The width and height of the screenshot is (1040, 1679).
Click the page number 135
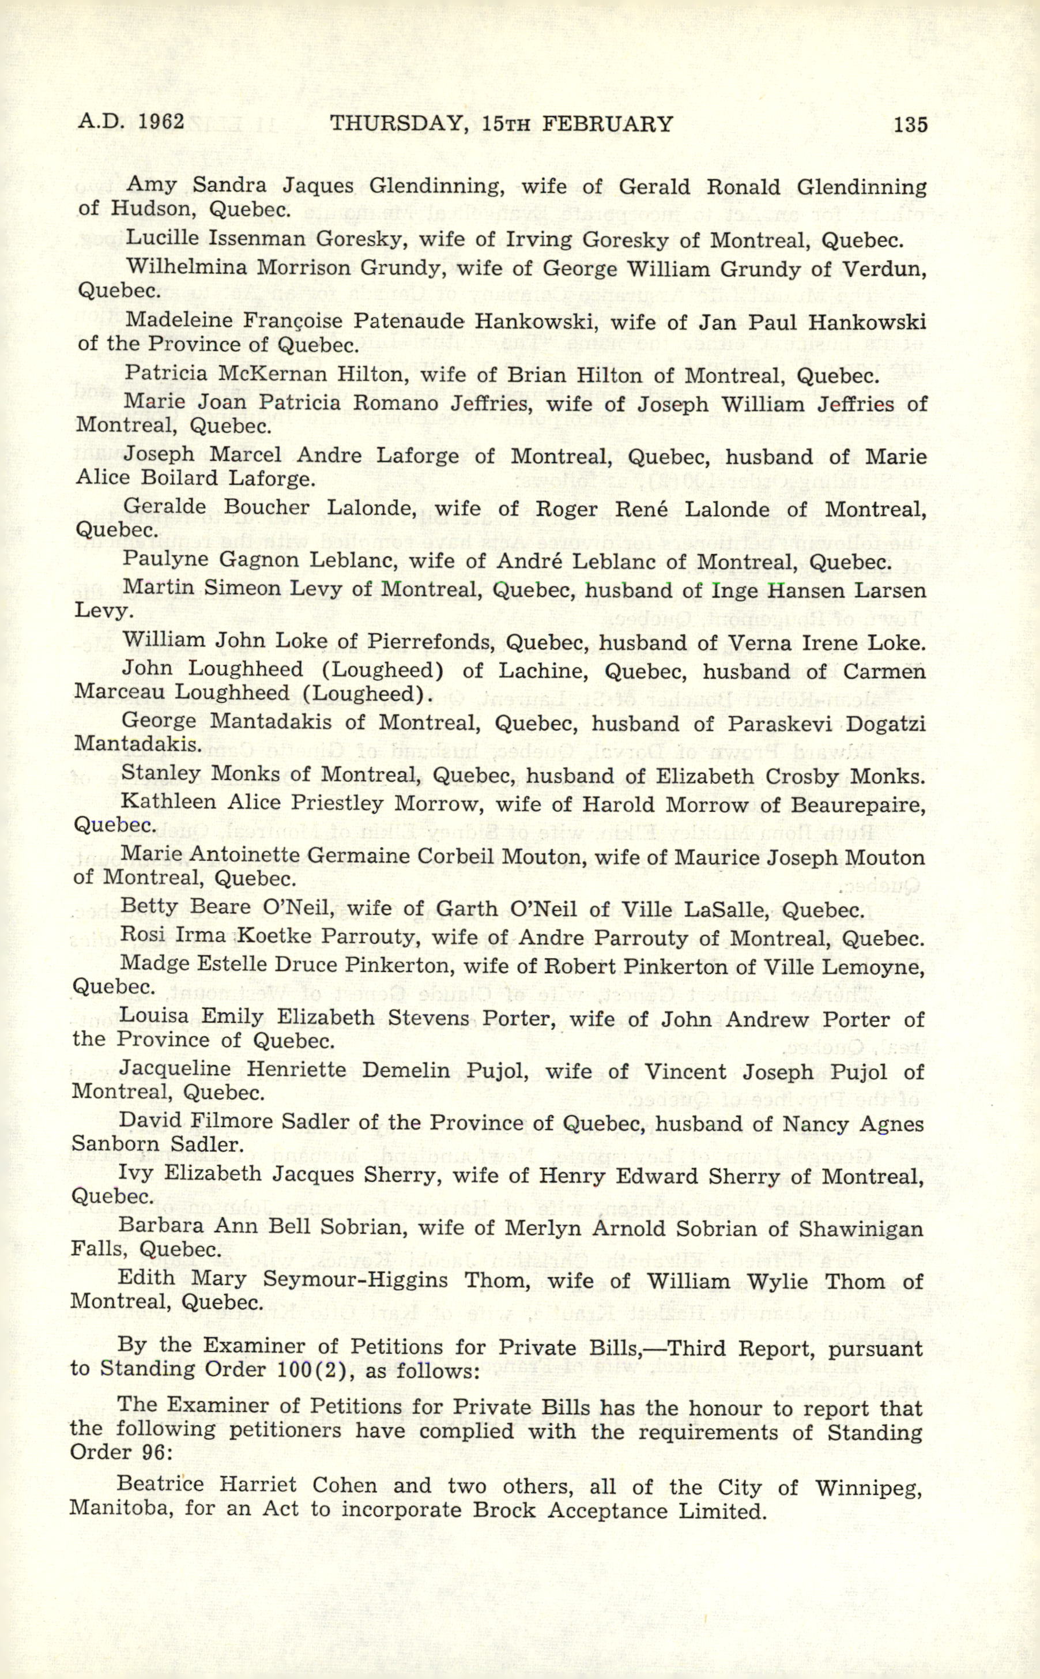tap(910, 125)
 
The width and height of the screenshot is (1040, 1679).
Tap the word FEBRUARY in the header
tap(608, 124)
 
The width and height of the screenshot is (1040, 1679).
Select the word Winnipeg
tap(868, 1487)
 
